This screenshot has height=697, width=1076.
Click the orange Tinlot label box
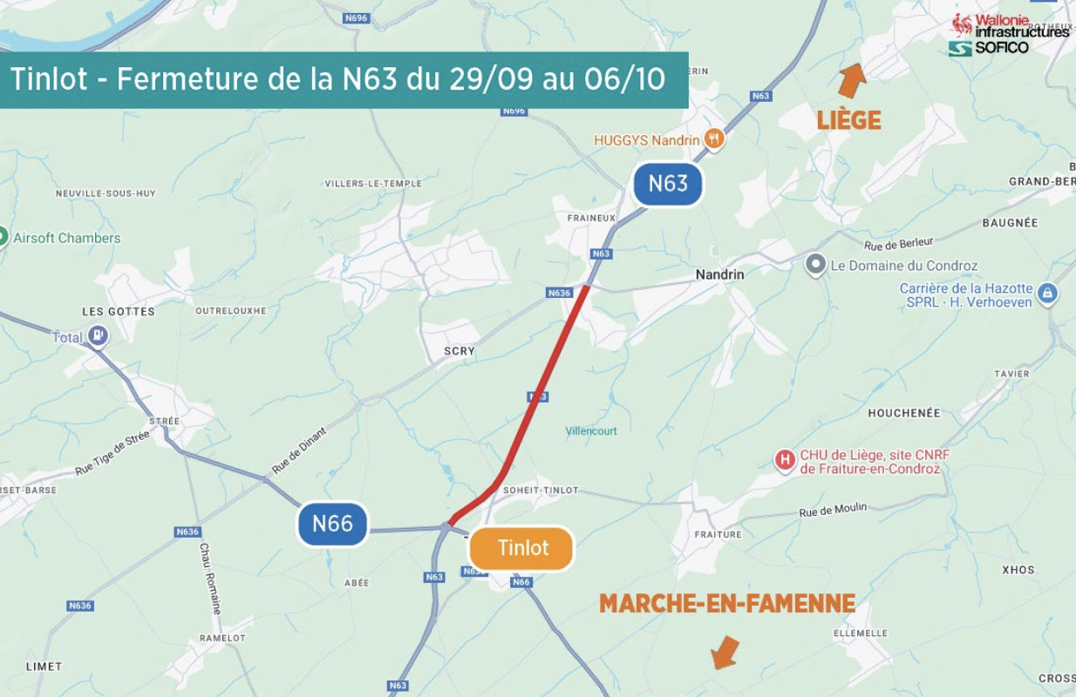521,548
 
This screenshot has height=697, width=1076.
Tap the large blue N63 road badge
668,184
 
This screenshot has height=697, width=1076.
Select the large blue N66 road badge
332,523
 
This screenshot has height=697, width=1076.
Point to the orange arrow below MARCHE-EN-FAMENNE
724,652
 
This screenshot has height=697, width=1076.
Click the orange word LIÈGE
848,120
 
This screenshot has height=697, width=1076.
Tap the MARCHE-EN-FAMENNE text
726,603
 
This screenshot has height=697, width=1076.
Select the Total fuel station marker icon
99,335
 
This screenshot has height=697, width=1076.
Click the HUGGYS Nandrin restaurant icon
714,139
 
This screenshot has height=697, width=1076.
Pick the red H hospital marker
786,460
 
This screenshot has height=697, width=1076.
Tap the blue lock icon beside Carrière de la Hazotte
1048,294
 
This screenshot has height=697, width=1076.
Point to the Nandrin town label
719,274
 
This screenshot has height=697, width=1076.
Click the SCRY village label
460,351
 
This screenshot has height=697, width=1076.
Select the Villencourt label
590,431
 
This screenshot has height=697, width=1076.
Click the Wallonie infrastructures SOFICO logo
1008,34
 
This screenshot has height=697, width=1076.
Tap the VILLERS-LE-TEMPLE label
373,184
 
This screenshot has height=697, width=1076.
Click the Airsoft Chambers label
67,238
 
